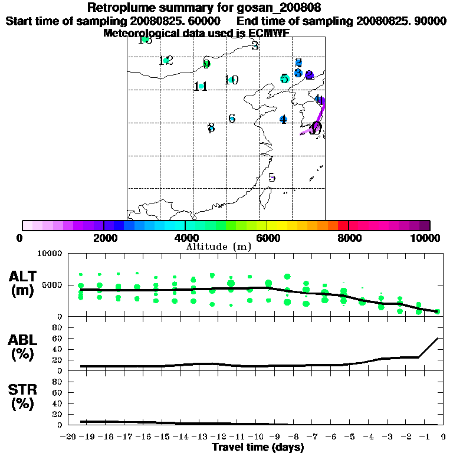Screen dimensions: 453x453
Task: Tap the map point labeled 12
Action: (x=166, y=60)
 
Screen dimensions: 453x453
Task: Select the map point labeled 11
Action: (x=202, y=87)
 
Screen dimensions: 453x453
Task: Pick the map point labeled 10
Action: (x=231, y=80)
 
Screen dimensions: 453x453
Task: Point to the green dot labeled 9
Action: (x=206, y=64)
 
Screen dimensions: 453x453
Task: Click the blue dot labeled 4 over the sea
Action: (x=283, y=120)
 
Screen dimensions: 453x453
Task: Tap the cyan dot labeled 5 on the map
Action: (x=284, y=78)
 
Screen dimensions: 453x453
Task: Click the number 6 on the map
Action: (x=232, y=119)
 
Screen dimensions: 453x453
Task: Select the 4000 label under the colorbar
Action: (x=185, y=238)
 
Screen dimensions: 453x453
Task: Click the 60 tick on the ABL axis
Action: (x=58, y=338)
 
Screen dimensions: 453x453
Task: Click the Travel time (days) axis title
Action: (x=258, y=448)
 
